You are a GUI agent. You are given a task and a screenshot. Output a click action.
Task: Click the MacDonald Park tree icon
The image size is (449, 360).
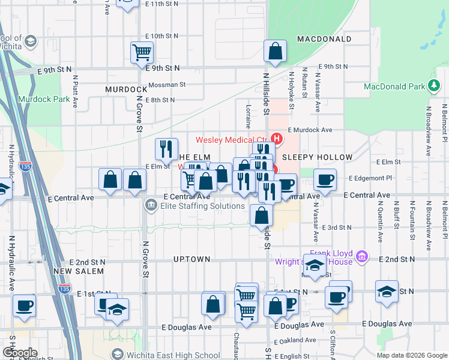pos(433,86)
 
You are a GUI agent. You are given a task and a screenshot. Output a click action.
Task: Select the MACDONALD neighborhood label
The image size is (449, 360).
pos(324,39)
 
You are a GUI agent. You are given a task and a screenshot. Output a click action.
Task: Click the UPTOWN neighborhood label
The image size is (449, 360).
pos(191,259)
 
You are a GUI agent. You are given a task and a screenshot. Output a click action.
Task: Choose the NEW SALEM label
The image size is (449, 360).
pos(78,271)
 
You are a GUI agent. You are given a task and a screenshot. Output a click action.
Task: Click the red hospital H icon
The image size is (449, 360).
pos(277,139)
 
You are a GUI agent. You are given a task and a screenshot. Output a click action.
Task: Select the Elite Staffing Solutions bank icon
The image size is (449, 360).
pos(150,206)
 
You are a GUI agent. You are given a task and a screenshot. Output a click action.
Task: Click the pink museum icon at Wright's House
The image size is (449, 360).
pos(361,257)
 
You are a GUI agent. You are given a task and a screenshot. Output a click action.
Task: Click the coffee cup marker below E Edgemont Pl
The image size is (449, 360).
pos(325,180)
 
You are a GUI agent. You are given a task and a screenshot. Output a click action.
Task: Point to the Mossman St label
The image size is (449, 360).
pos(167,85)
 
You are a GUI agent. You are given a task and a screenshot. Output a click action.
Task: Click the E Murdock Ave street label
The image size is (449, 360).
pos(310,130)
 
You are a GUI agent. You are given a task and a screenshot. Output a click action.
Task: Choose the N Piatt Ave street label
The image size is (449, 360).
pos(76,91)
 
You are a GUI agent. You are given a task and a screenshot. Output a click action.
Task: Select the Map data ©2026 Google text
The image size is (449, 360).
pos(411,355)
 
